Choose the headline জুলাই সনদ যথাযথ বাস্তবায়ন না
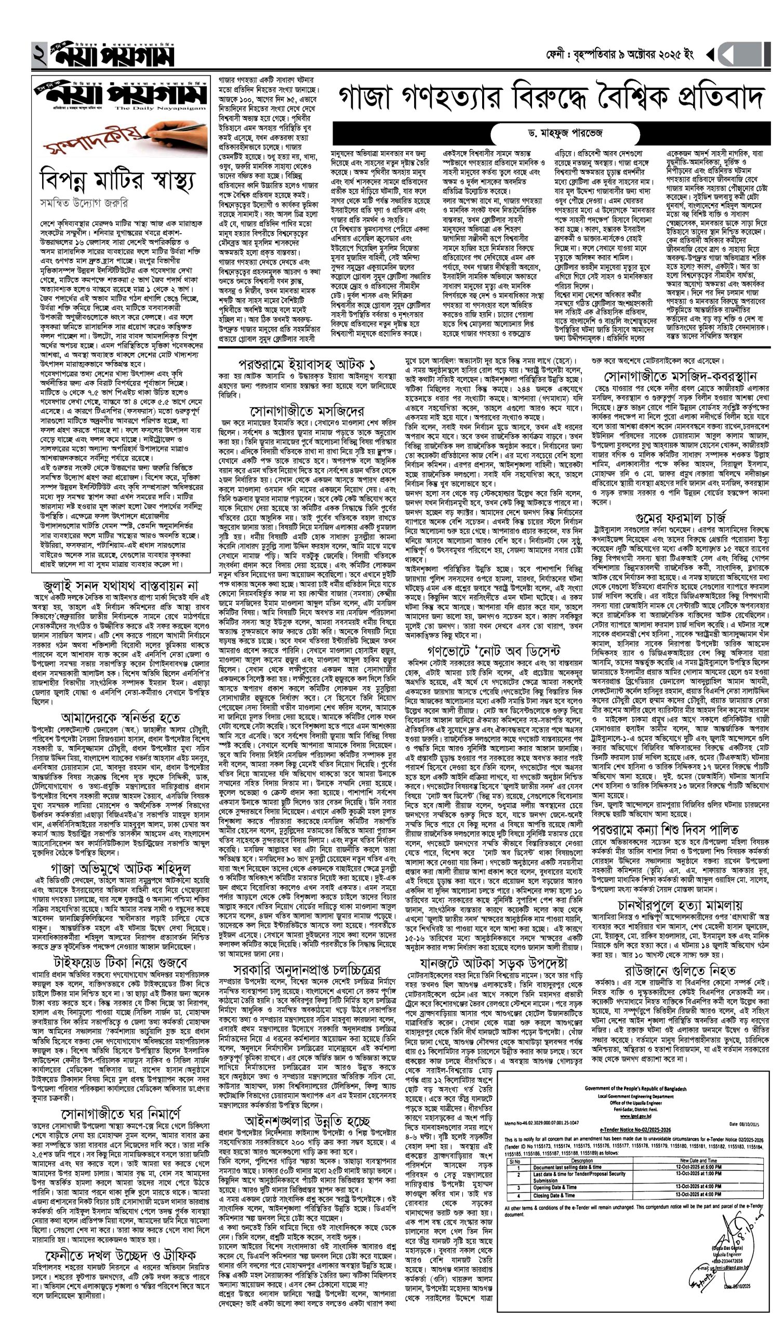(x=121, y=586)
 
